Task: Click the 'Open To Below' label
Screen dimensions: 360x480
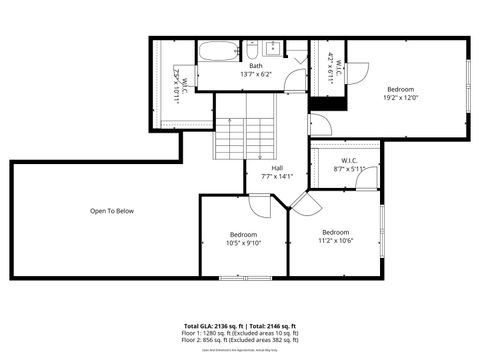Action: (x=111, y=211)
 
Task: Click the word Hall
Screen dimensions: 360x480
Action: (x=277, y=168)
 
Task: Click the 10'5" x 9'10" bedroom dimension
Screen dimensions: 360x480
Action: (x=244, y=243)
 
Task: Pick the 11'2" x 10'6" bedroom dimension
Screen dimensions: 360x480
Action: (x=335, y=240)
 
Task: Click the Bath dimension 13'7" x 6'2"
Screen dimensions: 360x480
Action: (x=256, y=75)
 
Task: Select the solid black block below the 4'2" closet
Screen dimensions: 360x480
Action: (x=327, y=102)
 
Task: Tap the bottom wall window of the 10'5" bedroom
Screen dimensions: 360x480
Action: (x=244, y=276)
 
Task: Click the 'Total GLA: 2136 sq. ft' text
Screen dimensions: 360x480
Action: (x=214, y=327)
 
